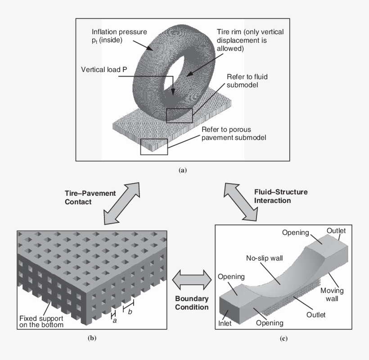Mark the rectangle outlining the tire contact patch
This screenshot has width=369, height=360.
tap(179, 116)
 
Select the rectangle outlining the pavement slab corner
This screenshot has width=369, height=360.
tap(154, 147)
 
